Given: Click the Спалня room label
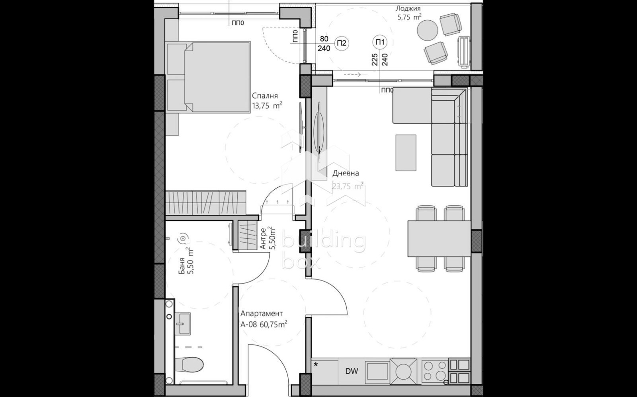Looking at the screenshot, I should [x=265, y=96].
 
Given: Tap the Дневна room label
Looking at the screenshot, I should [x=346, y=173].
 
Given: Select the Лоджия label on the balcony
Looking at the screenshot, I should [x=408, y=8].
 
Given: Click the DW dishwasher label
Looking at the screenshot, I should [x=352, y=372].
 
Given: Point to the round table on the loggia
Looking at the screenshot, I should [x=427, y=30].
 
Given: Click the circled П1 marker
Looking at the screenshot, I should [x=380, y=42].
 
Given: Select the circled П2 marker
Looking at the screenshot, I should [x=342, y=43].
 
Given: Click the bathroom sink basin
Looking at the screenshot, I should [x=183, y=323].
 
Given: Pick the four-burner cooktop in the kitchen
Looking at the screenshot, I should [x=434, y=371].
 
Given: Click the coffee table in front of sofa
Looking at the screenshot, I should [x=406, y=152].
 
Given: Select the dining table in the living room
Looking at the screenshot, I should [x=439, y=238].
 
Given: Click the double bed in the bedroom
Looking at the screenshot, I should [x=217, y=77].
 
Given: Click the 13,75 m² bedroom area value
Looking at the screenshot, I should [x=267, y=106].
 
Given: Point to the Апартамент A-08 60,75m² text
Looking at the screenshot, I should [x=263, y=319].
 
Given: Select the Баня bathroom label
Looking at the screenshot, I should [x=182, y=266].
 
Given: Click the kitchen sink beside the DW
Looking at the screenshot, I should [x=377, y=372].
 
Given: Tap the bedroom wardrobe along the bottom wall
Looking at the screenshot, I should [x=205, y=202].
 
